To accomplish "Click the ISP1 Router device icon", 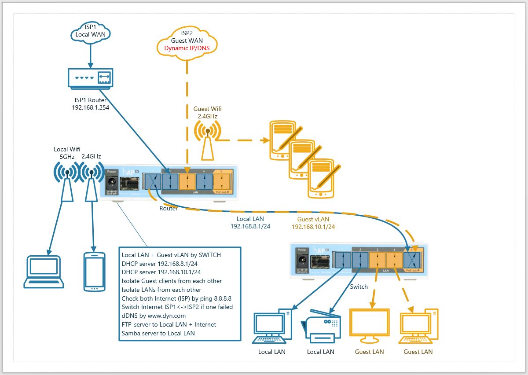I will [90, 78].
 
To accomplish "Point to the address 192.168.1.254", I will [91, 107].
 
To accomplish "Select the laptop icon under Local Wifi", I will [44, 271].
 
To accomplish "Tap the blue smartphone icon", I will [94, 271].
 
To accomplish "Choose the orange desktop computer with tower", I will [418, 326].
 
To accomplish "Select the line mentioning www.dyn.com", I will [154, 316].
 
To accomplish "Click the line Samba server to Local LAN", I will [158, 333].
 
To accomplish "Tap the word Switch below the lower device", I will [359, 287].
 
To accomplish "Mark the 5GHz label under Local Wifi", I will [67, 156].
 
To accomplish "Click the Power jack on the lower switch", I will [302, 261].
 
